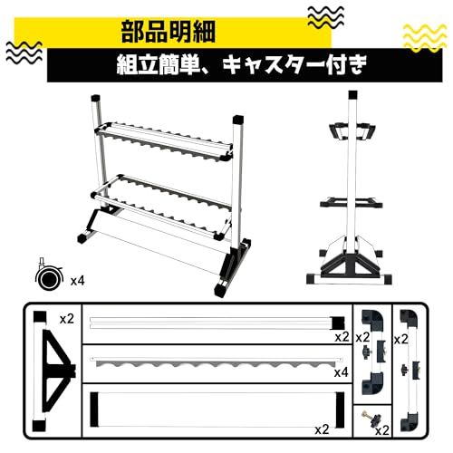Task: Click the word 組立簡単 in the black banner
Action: coord(163,66)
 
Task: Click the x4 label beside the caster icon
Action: coord(78,281)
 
